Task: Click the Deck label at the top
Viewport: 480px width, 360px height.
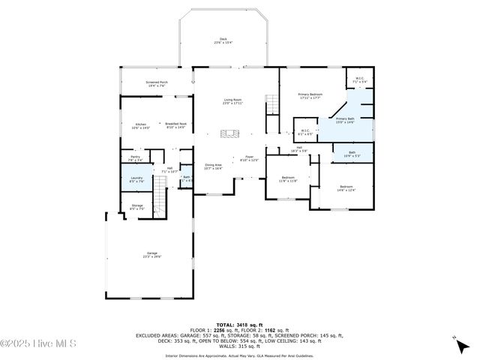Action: click(223, 40)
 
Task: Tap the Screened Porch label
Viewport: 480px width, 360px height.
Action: click(157, 84)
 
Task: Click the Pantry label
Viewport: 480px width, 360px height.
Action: click(135, 158)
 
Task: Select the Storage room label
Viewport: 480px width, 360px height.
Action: click(136, 206)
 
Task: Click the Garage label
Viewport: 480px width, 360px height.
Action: click(151, 255)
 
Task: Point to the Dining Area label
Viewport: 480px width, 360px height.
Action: click(213, 166)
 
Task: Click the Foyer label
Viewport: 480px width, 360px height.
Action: click(249, 158)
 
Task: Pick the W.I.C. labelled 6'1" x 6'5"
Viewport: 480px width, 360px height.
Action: click(305, 132)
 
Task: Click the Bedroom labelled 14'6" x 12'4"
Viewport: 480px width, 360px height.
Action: click(346, 188)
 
